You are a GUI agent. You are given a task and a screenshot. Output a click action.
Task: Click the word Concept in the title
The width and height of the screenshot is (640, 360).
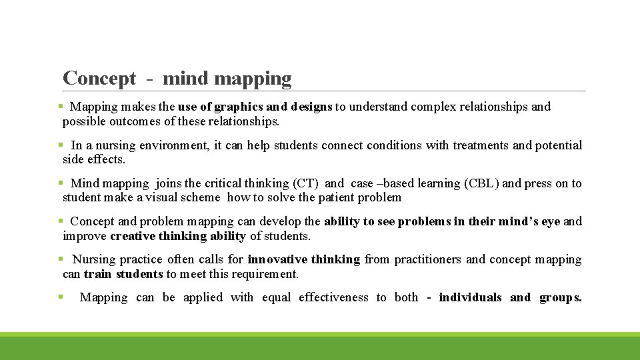99,79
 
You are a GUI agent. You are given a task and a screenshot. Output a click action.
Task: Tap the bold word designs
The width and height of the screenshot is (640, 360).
311,107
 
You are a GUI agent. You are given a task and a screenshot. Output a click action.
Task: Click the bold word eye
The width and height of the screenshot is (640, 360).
550,221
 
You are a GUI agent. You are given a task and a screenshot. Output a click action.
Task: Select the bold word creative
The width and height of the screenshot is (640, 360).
133,236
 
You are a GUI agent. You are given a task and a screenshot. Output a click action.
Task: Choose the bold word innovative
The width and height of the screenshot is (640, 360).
277,259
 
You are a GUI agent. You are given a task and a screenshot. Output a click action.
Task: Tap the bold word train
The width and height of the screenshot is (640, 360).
98,274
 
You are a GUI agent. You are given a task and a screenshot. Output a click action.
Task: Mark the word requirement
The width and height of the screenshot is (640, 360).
263,274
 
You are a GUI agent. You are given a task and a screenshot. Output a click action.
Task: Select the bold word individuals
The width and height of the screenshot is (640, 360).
470,298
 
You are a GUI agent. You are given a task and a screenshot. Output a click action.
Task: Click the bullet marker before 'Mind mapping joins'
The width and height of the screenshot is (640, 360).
60,183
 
